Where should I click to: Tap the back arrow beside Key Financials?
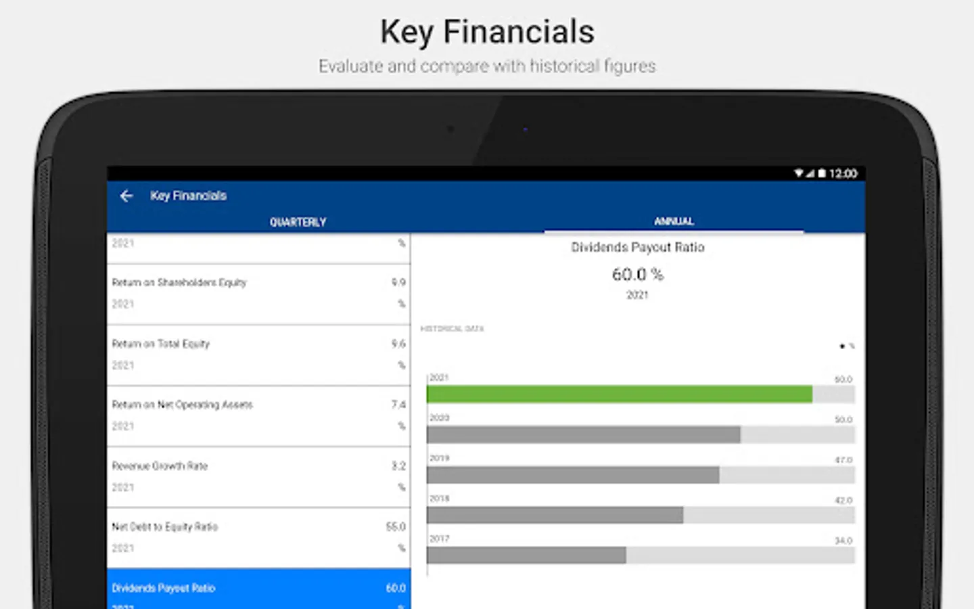tap(126, 196)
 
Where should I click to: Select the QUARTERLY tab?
tap(298, 222)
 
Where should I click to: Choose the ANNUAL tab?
tap(674, 221)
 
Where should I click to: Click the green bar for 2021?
tap(619, 394)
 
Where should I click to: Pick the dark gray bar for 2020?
tap(583, 434)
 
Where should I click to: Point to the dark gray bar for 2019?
tap(572, 475)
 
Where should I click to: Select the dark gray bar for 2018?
tap(555, 516)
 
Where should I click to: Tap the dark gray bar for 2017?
tap(526, 556)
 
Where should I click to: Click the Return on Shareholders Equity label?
tap(179, 282)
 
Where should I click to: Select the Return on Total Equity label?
tap(161, 344)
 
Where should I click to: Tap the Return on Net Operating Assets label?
tap(182, 405)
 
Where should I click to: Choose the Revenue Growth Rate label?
tap(160, 466)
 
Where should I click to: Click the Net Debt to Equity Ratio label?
tap(165, 526)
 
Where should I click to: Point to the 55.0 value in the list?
tap(396, 526)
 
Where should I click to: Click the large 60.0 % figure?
tap(637, 274)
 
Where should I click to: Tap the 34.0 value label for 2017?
tap(843, 541)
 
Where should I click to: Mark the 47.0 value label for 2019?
tap(843, 460)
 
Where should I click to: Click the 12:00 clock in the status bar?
tap(843, 174)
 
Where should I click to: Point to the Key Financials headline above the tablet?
tap(487, 32)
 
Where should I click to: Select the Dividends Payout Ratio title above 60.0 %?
tap(637, 247)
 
